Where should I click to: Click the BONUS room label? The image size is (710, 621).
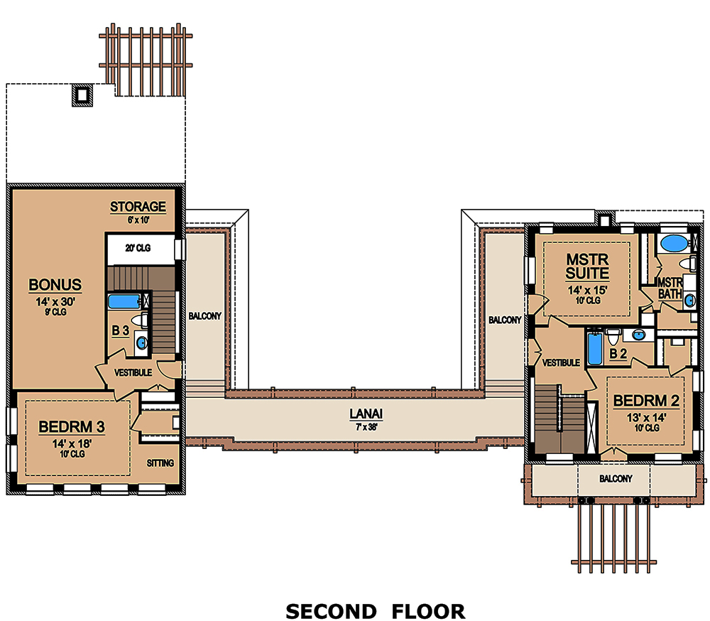pos(55,285)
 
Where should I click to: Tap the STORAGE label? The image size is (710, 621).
pos(138,207)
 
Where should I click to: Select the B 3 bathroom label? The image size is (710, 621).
pos(120,330)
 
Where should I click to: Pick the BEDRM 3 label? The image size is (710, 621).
pos(72,427)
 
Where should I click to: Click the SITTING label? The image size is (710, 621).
pos(160,463)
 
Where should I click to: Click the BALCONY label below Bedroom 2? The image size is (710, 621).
pos(615,479)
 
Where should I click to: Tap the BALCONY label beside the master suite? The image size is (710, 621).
pos(505,320)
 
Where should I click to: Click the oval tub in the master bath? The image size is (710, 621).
pos(672,244)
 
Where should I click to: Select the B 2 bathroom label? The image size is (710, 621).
pos(618,353)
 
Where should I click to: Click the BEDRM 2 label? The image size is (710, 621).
pos(645,401)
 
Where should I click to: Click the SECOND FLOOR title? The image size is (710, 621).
pos(375,611)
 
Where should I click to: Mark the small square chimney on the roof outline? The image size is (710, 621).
pos(83,94)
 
